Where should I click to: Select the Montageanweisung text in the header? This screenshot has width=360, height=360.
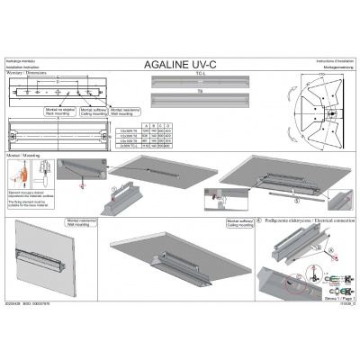pos(333,67)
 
